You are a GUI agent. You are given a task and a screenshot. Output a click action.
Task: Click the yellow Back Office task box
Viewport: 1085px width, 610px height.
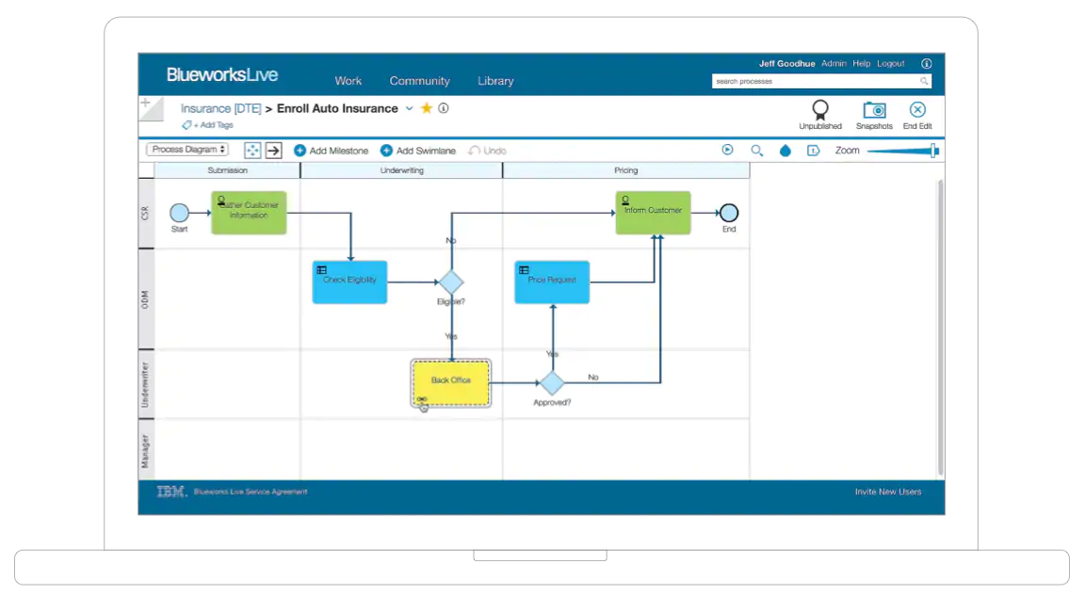[x=451, y=382]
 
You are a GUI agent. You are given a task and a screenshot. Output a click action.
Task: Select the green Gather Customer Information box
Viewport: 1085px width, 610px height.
[x=249, y=213]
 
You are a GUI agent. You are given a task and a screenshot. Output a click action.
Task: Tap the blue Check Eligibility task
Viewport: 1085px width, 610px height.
[x=349, y=281]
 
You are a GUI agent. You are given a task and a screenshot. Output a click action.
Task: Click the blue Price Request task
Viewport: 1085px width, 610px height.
[x=552, y=281]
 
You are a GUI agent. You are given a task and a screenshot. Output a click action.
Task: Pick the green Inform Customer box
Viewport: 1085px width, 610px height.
[x=653, y=213]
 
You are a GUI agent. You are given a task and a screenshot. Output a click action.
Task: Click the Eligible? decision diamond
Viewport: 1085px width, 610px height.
[x=451, y=281]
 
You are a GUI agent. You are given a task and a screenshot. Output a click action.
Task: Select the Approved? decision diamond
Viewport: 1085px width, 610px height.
[x=552, y=382]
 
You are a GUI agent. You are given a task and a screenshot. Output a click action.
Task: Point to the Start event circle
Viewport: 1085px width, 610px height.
[x=179, y=213]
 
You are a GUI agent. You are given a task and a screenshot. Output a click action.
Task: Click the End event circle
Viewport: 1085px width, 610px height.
[x=728, y=213]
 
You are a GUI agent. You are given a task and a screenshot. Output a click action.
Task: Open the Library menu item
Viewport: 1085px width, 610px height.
[x=495, y=81]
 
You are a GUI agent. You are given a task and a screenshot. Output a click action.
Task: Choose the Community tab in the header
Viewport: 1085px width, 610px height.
[x=419, y=81]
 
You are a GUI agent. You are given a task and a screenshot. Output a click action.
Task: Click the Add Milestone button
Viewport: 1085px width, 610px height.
[x=331, y=151]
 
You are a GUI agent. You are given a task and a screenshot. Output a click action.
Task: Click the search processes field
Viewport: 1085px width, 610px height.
[x=815, y=82]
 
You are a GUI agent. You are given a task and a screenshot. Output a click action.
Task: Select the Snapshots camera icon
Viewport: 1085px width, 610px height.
[x=874, y=110]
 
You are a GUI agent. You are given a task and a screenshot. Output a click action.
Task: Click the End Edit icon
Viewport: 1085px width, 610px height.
[x=917, y=110]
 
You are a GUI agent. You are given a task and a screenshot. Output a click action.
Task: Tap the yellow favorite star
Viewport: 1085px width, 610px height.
[x=427, y=108]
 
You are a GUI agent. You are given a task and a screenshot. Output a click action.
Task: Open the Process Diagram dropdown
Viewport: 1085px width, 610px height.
[x=187, y=150]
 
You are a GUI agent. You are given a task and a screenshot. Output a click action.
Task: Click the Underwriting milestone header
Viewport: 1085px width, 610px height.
[x=401, y=170]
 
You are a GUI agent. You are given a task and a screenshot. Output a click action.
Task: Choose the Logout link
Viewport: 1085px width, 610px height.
[x=890, y=64]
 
